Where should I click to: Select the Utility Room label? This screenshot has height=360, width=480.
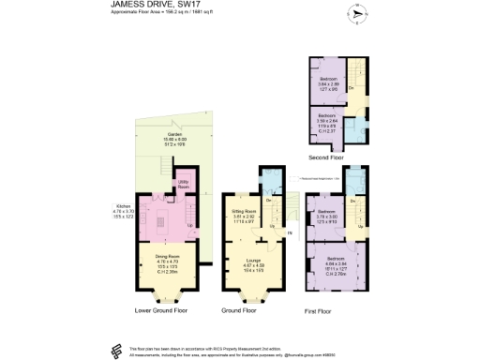point(186,184)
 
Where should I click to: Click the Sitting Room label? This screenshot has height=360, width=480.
point(244,217)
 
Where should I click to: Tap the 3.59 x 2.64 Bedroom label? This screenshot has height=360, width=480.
point(327,120)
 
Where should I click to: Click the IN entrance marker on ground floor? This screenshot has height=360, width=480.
point(291,232)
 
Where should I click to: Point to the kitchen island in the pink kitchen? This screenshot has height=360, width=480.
point(159,222)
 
